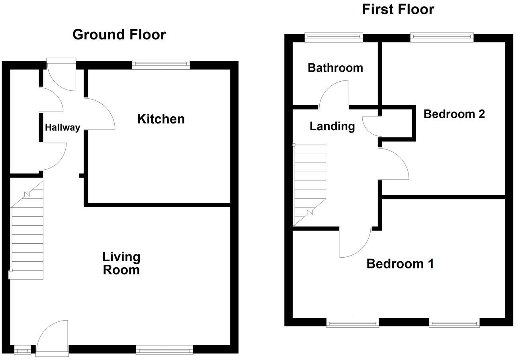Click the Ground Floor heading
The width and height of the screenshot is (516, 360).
tap(119, 35)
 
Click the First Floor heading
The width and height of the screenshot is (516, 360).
tap(398, 9)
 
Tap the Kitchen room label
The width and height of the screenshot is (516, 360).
tap(161, 119)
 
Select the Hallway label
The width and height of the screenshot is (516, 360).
tap(63, 127)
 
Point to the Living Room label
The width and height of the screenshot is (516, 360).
tap(121, 263)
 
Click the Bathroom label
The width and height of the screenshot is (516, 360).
tap(335, 68)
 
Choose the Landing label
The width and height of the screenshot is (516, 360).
tap(332, 126)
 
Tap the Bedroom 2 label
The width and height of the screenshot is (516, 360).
tap(454, 114)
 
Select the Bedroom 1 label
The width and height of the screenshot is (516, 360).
tap(400, 264)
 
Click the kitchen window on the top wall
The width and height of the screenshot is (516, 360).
tap(161, 65)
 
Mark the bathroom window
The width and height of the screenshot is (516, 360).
tap(334, 37)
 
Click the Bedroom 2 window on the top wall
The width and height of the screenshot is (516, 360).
tap(442, 37)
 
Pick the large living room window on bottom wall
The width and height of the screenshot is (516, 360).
tap(164, 350)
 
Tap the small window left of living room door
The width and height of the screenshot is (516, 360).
tap(22, 350)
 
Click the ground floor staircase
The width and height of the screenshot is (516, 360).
tap(27, 235)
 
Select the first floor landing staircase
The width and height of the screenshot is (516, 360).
tap(310, 183)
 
